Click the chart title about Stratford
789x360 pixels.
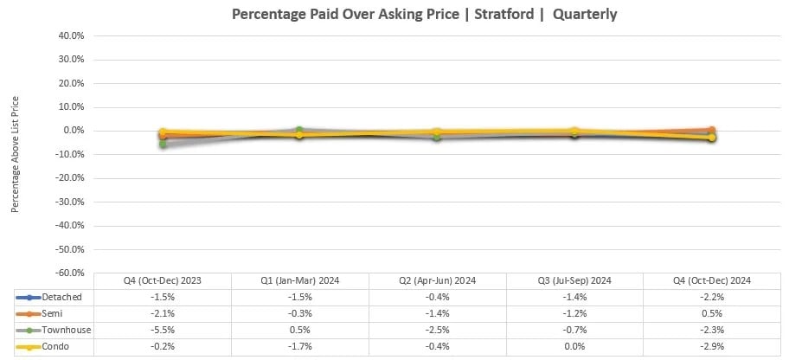(425, 15)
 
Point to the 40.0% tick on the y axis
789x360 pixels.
(71, 36)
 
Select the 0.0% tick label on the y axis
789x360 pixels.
(73, 131)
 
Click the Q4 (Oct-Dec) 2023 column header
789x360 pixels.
(163, 280)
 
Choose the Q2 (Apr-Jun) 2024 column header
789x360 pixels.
(437, 280)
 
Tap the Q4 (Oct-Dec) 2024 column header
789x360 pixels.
(712, 280)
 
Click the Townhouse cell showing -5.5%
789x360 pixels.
(163, 330)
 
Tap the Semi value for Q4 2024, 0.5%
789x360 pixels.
(712, 313)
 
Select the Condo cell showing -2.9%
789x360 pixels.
(712, 346)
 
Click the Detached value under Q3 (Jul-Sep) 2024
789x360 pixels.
(574, 297)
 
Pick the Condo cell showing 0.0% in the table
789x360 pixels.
(574, 346)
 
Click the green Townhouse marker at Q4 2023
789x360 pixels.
(163, 144)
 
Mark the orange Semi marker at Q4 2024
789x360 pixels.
(712, 130)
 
